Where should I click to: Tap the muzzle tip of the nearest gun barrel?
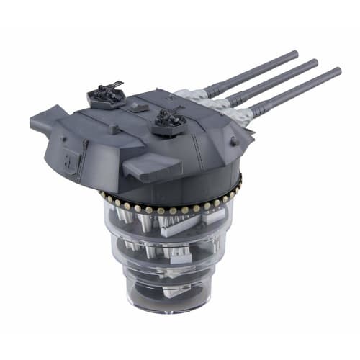pos(338,71)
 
